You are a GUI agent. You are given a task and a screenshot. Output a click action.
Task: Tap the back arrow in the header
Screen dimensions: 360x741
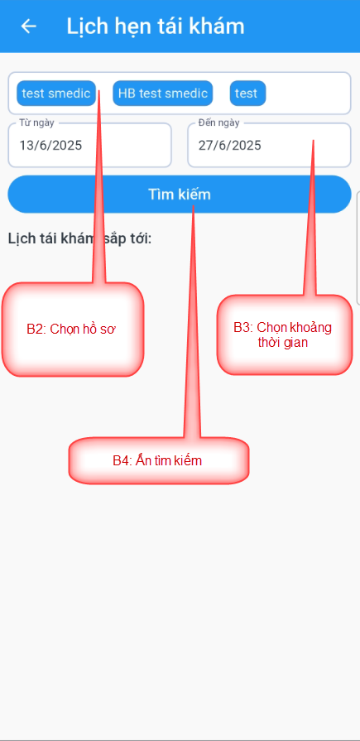pyautogui.click(x=28, y=26)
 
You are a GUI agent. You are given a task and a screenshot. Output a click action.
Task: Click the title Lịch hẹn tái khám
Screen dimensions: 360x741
pyautogui.click(x=156, y=26)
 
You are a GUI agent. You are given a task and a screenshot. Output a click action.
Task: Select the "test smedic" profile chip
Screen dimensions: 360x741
pyautogui.click(x=56, y=93)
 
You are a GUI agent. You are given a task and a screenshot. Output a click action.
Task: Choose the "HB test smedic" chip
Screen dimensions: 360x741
pyautogui.click(x=162, y=93)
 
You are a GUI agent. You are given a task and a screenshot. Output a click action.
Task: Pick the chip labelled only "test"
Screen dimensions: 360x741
pyautogui.click(x=247, y=93)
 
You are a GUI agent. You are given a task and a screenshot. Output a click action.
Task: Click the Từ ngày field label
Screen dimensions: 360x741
pyautogui.click(x=37, y=123)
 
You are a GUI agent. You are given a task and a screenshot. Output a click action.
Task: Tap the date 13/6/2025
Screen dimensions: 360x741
pyautogui.click(x=50, y=145)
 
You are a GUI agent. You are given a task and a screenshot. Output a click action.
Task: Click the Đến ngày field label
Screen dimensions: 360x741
pyautogui.click(x=218, y=123)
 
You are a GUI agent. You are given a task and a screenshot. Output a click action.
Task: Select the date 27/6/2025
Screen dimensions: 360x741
pyautogui.click(x=229, y=145)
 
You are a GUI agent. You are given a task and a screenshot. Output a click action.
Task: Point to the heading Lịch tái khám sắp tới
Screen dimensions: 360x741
pyautogui.click(x=79, y=238)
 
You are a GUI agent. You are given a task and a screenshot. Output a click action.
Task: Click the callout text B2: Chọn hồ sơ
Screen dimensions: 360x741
pyautogui.click(x=71, y=330)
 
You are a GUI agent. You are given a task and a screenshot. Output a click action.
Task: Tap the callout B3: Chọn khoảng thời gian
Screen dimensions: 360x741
pyautogui.click(x=282, y=334)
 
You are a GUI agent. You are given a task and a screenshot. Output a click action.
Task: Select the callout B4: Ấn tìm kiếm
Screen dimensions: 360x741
pyautogui.click(x=157, y=460)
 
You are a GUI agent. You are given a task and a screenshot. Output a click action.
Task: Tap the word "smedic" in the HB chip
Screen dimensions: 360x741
pyautogui.click(x=185, y=93)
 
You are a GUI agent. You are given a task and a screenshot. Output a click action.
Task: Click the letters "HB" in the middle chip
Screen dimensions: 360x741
pyautogui.click(x=126, y=93)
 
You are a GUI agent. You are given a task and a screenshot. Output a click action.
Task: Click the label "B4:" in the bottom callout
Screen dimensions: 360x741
pyautogui.click(x=122, y=461)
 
